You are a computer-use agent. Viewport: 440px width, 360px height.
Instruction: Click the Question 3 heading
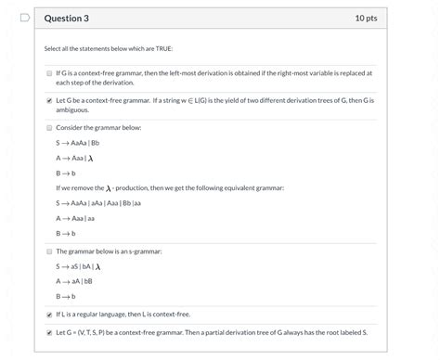click(71, 18)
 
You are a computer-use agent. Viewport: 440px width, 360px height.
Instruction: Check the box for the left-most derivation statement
click(49, 72)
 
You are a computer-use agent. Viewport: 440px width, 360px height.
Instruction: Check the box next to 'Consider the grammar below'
click(49, 127)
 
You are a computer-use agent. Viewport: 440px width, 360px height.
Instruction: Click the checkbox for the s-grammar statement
click(49, 251)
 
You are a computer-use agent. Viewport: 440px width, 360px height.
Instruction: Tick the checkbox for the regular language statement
click(49, 314)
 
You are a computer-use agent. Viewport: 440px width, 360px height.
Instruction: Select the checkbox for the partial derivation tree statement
click(49, 331)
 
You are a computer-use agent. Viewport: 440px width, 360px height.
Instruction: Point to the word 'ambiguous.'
click(72, 109)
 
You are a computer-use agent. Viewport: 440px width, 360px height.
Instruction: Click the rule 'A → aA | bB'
click(74, 281)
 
